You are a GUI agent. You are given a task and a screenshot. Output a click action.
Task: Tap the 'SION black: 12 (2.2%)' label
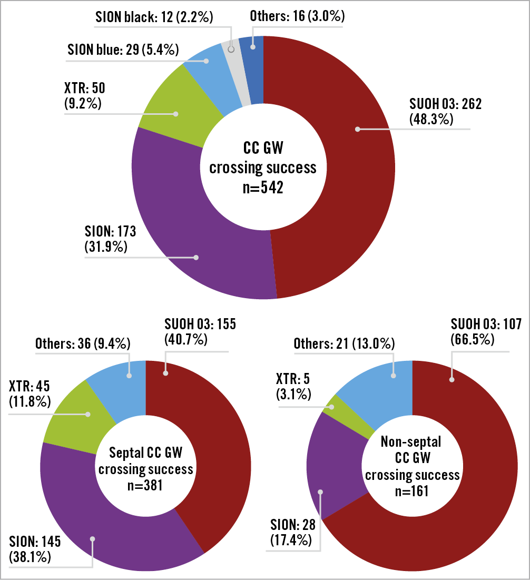[154, 17]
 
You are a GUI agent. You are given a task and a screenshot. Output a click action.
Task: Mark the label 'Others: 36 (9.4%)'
[83, 344]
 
